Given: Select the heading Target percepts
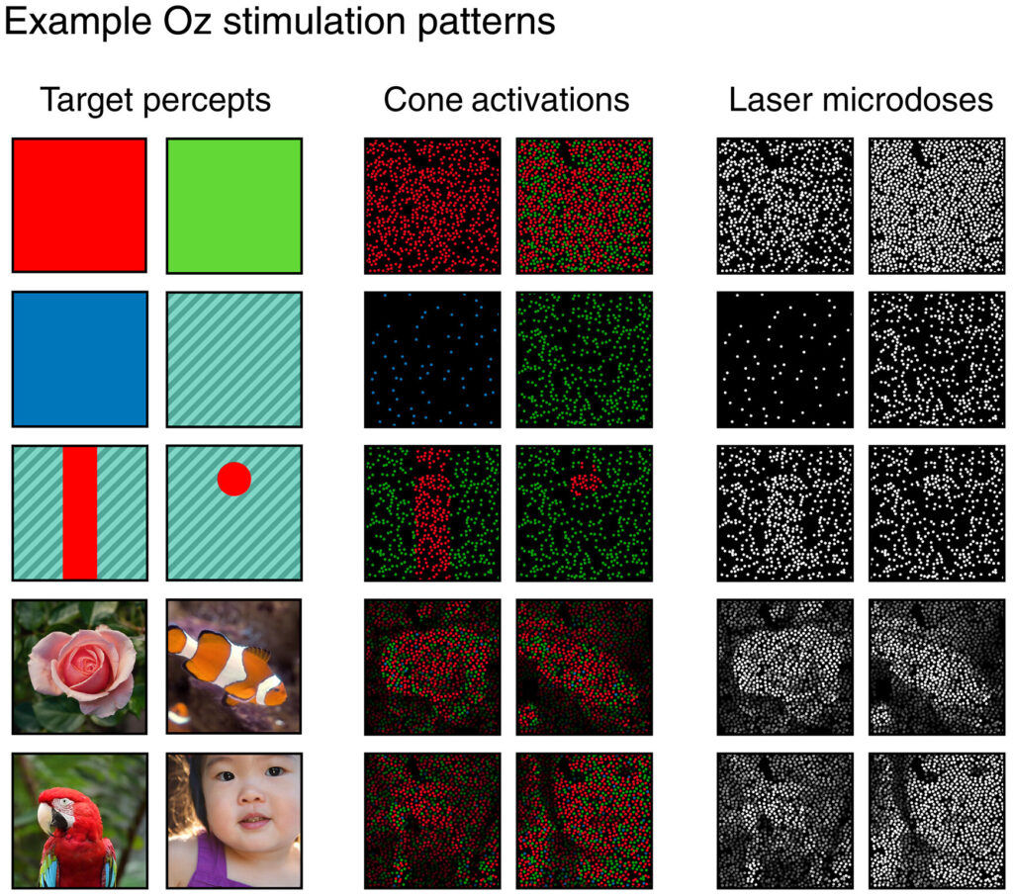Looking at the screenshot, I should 155,100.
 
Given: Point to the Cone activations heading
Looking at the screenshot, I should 506,100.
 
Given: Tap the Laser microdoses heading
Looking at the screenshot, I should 861,100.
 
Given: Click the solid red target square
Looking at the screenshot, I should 79,206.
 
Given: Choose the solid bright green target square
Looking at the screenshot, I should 234,206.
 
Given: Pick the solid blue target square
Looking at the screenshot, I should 79,359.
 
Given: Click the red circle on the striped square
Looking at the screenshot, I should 234,479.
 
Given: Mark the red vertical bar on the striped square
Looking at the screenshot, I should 79,512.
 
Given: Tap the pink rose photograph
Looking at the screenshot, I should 79,665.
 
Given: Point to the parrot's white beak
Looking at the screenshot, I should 46,817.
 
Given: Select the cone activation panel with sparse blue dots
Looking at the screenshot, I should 431,359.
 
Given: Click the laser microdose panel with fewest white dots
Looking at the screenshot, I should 784,359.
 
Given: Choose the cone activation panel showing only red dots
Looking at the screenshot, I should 431,206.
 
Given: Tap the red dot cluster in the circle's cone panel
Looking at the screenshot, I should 587,481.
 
